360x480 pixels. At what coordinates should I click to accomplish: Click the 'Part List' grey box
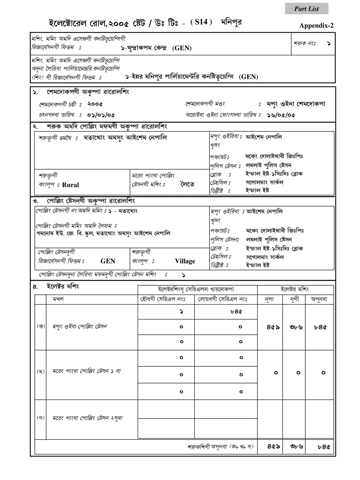coord(306,9)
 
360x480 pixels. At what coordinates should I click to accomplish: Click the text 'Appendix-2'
coord(316,26)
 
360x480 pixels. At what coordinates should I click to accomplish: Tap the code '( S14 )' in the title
coord(201,22)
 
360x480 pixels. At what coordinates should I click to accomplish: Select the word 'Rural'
coord(70,185)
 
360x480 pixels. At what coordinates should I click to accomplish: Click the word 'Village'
coord(185,261)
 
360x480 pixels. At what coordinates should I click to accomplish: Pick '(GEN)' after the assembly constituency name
coord(182,48)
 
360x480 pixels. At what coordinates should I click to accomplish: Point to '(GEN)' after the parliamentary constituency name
coord(248,77)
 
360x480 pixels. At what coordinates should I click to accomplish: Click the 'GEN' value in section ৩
coord(108,261)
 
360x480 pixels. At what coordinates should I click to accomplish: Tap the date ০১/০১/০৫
coord(101,115)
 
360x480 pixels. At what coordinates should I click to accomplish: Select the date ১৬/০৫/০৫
coord(281,115)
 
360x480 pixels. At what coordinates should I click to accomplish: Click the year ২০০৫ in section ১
coord(95,104)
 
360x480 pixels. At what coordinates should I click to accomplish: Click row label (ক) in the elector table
coord(40,326)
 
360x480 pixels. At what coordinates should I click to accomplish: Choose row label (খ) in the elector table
coord(40,371)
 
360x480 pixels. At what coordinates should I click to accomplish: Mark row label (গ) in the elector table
coord(40,418)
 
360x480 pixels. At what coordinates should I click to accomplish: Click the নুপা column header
coord(269,299)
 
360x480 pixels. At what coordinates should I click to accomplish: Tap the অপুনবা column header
coord(319,299)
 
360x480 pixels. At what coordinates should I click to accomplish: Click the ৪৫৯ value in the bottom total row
coord(273,446)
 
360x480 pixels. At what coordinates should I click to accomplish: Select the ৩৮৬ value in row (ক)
coord(296,327)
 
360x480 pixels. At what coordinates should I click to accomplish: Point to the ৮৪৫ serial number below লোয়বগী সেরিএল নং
coord(236,312)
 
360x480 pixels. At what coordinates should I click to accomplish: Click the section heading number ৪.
coord(35,287)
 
